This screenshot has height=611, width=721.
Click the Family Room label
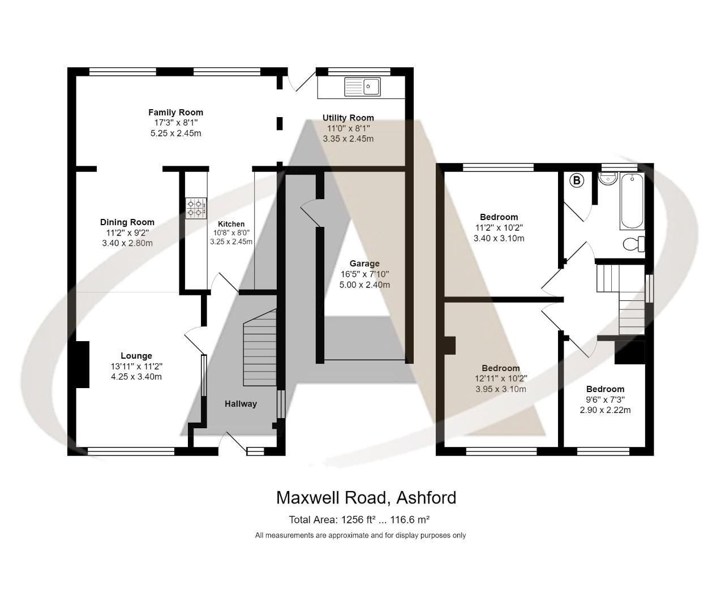(x=175, y=113)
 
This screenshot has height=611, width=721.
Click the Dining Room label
(x=127, y=222)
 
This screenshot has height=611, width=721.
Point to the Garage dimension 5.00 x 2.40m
(x=364, y=285)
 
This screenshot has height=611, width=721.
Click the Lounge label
(x=136, y=356)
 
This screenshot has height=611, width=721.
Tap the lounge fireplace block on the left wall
(x=82, y=364)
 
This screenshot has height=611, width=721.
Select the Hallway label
(x=241, y=404)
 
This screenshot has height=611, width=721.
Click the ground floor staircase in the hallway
(x=259, y=351)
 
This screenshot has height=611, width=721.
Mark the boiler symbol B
(x=576, y=180)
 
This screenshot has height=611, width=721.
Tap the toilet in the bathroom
(x=634, y=244)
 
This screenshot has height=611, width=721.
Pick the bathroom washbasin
(x=607, y=178)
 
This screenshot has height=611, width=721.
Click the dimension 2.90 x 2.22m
(x=605, y=410)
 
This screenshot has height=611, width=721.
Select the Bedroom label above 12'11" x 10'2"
(x=501, y=368)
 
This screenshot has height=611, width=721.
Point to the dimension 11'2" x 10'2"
(x=499, y=228)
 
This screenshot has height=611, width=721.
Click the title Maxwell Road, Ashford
(x=366, y=498)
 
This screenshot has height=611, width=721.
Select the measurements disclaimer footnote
(x=360, y=535)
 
